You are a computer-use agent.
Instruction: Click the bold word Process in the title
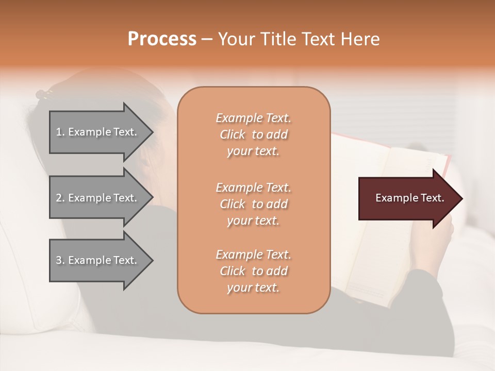162,39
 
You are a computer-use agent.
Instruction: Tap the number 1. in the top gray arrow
60,132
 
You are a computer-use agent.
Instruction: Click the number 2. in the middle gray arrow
60,198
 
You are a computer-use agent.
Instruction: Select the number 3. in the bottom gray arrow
60,260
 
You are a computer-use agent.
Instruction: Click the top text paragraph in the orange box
253,134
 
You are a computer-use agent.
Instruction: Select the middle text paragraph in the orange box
253,204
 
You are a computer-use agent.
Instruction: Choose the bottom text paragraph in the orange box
253,271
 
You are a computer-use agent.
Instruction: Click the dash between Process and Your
207,39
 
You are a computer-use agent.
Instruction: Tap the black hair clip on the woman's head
44,94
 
